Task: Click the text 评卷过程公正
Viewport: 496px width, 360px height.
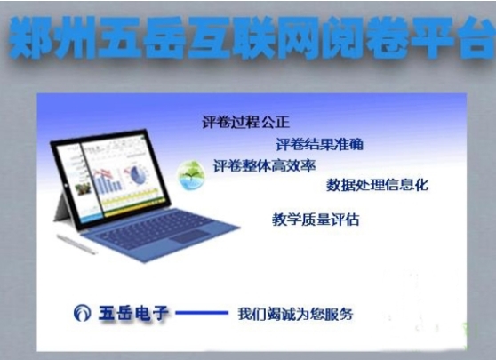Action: tap(246, 122)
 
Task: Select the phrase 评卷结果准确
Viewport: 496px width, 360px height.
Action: tap(319, 145)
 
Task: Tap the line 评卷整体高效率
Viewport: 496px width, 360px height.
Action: tap(265, 165)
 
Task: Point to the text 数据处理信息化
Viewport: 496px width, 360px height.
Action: tap(378, 185)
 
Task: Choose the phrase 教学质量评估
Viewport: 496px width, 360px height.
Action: tap(316, 220)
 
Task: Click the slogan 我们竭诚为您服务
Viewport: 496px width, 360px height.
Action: tap(295, 314)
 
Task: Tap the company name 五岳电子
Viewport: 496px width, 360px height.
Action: tap(133, 313)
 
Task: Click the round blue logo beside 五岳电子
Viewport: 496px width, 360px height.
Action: tap(83, 313)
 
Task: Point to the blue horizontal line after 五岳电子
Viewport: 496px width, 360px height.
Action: tap(202, 313)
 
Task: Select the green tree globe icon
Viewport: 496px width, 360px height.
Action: tap(191, 175)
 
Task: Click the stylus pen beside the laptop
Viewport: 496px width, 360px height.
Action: tap(76, 244)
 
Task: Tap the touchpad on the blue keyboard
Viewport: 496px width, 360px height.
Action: tap(190, 236)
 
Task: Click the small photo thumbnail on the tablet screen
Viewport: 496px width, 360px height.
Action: tap(83, 188)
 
